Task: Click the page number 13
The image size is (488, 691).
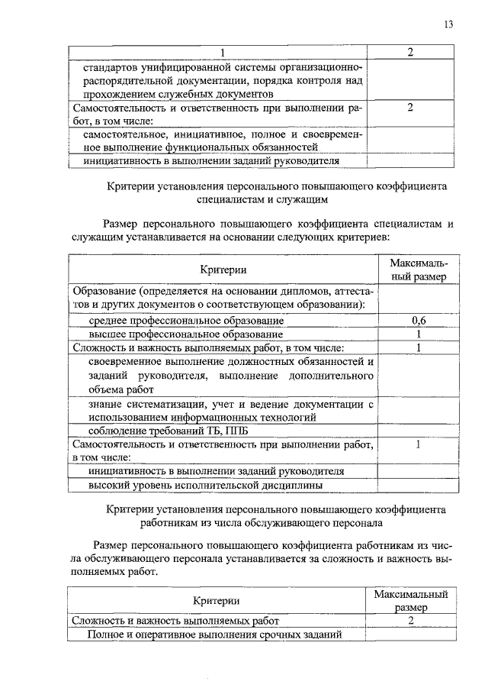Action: [448, 24]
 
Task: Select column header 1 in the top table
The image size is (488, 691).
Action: [224, 52]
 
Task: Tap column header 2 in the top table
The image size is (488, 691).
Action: [410, 52]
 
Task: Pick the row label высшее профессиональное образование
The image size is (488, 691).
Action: [185, 334]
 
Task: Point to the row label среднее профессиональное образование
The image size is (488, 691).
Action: [186, 321]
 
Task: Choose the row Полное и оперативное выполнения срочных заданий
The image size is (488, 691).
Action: [213, 634]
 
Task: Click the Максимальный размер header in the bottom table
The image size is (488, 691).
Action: [410, 601]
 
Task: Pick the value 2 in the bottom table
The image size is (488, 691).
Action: [410, 620]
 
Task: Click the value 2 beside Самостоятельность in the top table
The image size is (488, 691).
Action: [410, 108]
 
